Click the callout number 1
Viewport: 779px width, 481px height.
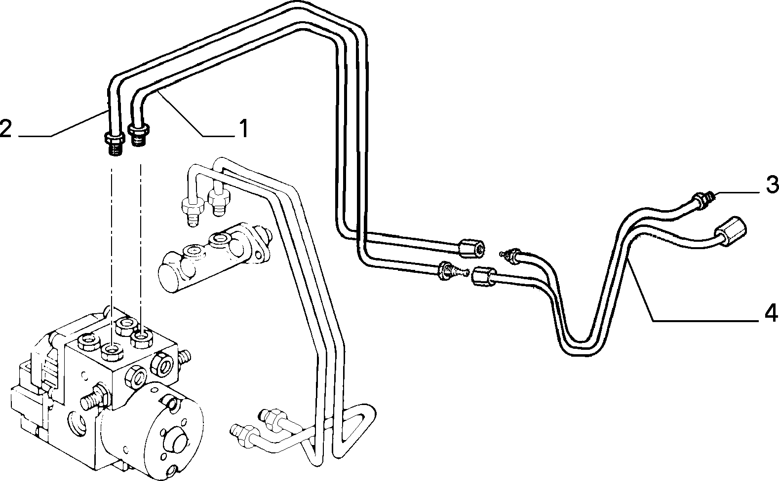[x=244, y=128]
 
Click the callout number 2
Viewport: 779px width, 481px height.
[x=5, y=128]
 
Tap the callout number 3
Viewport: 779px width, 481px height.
[x=773, y=185]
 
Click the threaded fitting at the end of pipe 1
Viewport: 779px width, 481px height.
[x=139, y=135]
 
